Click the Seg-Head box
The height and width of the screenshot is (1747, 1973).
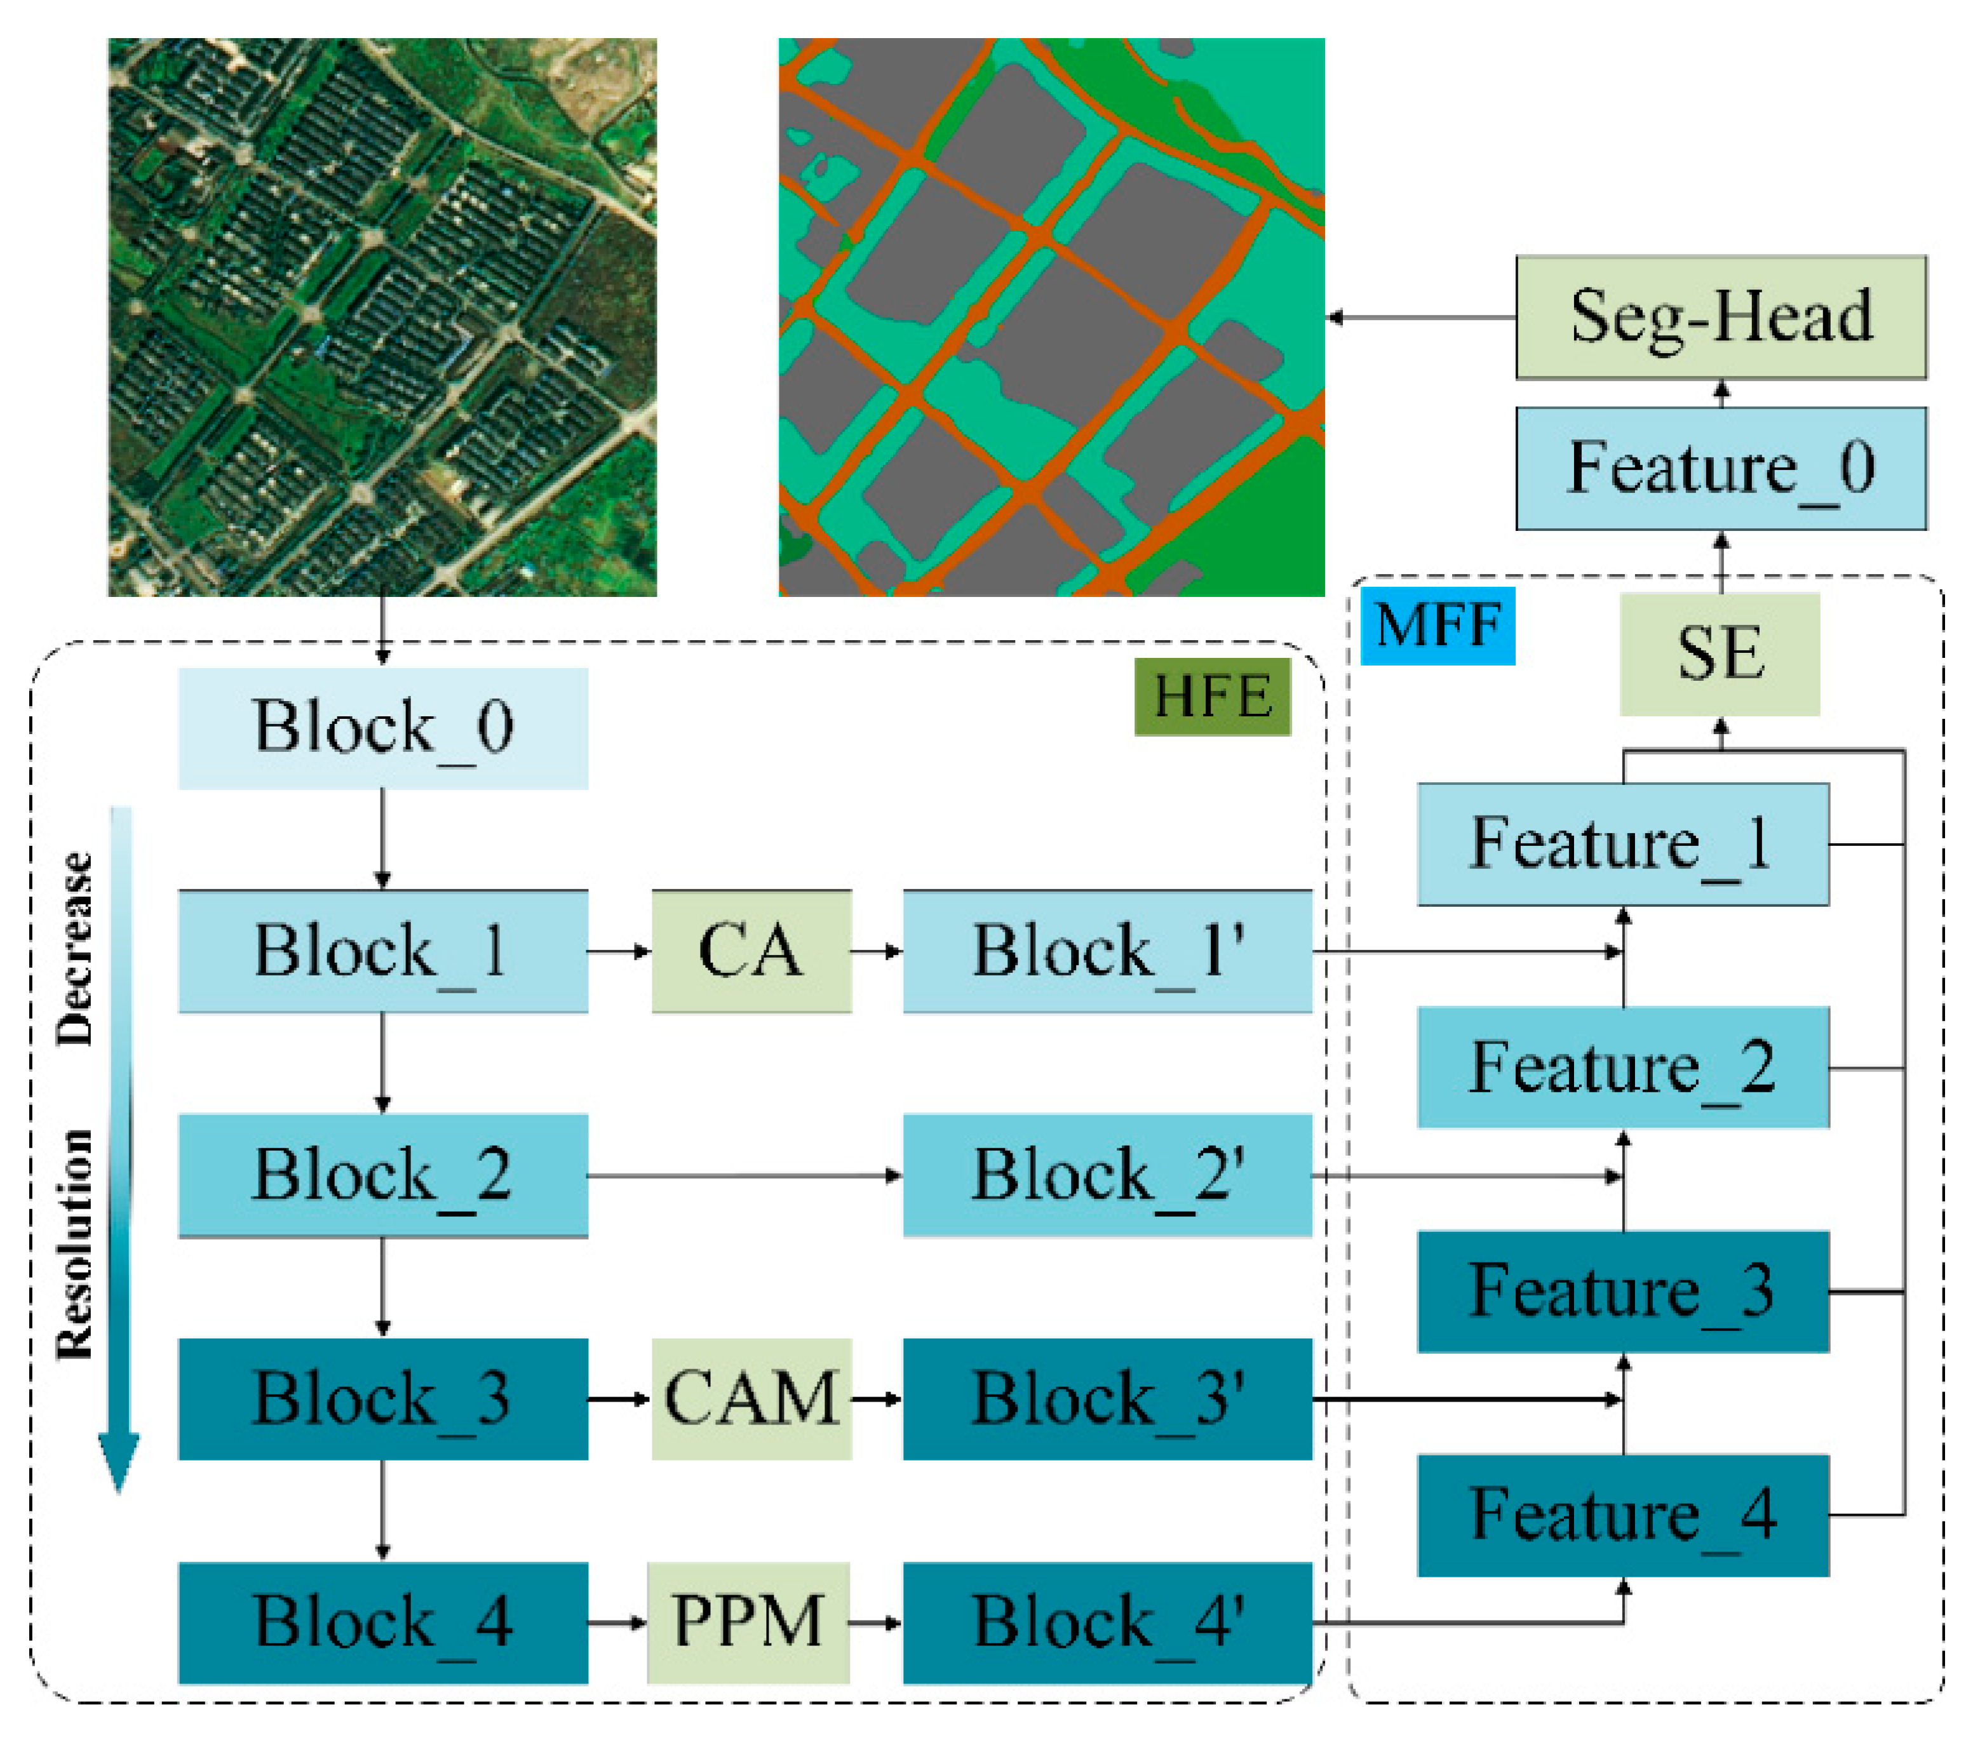[x=1720, y=317]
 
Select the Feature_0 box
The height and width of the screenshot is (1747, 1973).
[x=1720, y=468]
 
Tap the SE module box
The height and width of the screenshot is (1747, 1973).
[x=1719, y=653]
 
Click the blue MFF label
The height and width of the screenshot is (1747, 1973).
[x=1436, y=626]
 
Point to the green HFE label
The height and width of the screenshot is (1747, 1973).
[x=1211, y=696]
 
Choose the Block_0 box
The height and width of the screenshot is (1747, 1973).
[x=382, y=728]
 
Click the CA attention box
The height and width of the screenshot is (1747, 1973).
[x=751, y=951]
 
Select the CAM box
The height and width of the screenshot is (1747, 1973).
[x=751, y=1398]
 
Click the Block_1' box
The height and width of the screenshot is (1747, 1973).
[x=1107, y=951]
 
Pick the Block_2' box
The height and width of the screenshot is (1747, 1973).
[x=1107, y=1175]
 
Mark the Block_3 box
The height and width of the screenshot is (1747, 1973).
[x=382, y=1398]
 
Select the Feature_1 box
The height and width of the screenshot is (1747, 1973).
[x=1622, y=843]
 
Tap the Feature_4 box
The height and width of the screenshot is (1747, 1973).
[x=1622, y=1515]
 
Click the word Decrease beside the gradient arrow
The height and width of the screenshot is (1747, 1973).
[x=76, y=949]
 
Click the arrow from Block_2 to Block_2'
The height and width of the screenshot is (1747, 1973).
[x=743, y=1175]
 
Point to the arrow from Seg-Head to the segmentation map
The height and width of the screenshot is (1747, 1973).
[x=1419, y=318]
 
